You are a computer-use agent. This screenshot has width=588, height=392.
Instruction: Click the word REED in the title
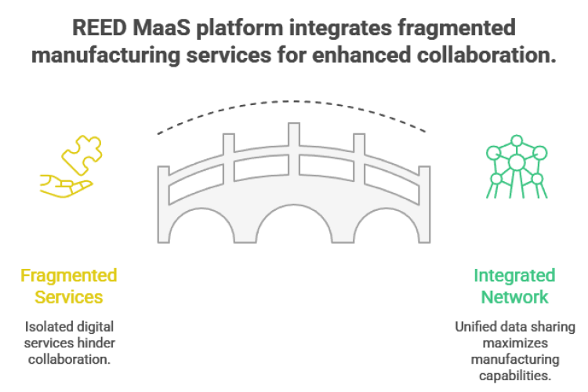tap(100, 27)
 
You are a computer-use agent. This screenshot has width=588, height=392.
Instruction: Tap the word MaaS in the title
tap(162, 27)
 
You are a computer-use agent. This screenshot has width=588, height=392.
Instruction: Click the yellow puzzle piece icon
tap(82, 154)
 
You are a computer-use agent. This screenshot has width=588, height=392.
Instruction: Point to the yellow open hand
tap(66, 186)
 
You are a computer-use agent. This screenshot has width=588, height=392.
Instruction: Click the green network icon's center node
tap(517, 162)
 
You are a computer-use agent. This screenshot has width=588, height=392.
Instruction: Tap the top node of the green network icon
tap(517, 140)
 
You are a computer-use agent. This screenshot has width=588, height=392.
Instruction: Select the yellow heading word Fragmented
tap(69, 275)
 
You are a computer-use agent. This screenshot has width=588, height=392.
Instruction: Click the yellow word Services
tap(69, 297)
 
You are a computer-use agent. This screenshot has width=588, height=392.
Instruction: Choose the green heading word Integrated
tap(514, 275)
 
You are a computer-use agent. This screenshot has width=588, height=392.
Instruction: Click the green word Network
tap(514, 297)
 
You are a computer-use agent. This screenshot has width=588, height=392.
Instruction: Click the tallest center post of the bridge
tap(294, 149)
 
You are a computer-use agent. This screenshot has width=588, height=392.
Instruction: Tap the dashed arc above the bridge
tap(294, 101)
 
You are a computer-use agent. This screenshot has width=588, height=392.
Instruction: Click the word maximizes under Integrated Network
tap(515, 343)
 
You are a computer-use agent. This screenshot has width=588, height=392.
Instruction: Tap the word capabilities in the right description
tap(515, 376)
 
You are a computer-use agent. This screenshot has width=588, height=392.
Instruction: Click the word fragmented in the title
tap(456, 28)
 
